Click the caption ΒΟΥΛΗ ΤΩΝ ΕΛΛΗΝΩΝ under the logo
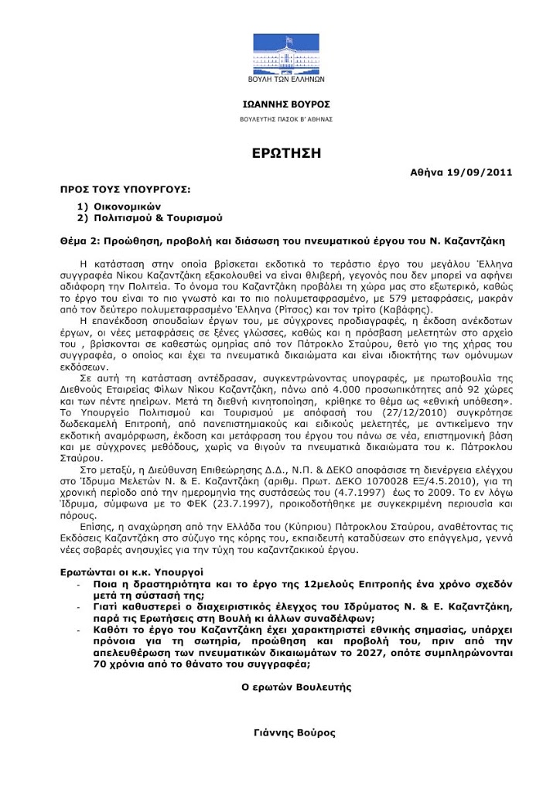(280, 80)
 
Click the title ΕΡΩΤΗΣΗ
(286, 152)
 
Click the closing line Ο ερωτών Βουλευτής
(296, 686)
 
